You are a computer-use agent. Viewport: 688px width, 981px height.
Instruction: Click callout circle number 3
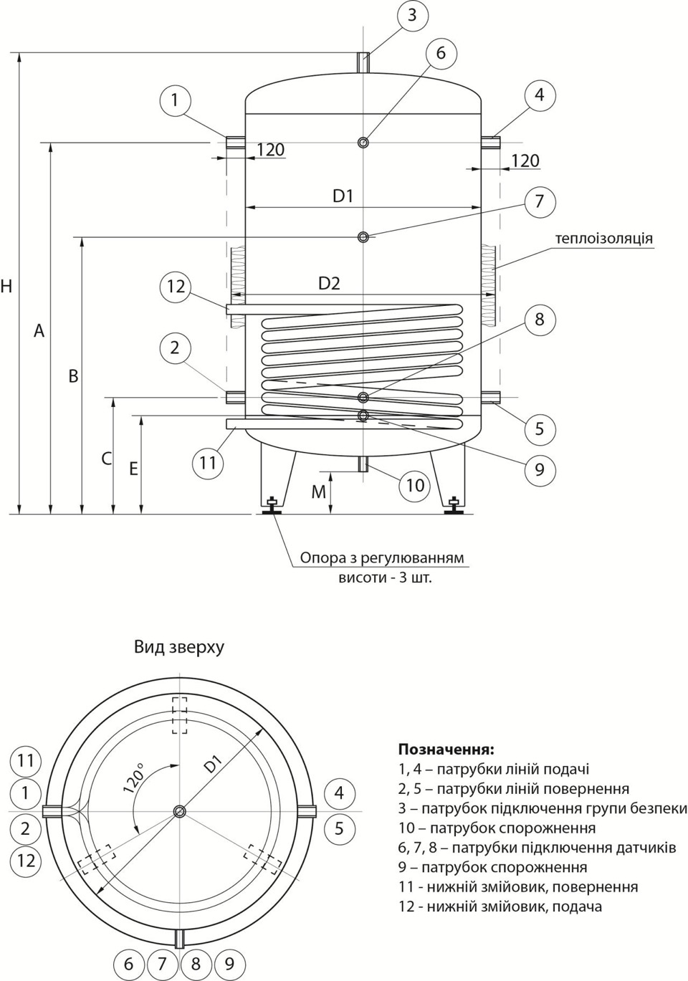pyautogui.click(x=412, y=14)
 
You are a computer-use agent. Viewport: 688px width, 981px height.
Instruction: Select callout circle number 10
pyautogui.click(x=416, y=485)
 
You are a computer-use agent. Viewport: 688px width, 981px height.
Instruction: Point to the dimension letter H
pyautogui.click(x=6, y=287)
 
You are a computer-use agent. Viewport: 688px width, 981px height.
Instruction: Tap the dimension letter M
pyautogui.click(x=318, y=492)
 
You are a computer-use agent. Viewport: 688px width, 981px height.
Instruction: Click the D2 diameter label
pyautogui.click(x=329, y=284)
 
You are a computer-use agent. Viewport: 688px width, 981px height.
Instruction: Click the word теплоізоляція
pyautogui.click(x=604, y=238)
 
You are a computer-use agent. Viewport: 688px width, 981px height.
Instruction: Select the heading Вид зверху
pyautogui.click(x=179, y=647)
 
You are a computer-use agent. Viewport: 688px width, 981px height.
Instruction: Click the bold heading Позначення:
pyautogui.click(x=446, y=750)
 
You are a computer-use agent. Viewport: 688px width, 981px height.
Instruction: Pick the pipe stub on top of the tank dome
pyautogui.click(x=363, y=62)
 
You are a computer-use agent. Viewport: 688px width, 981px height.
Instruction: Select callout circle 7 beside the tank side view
pyautogui.click(x=540, y=201)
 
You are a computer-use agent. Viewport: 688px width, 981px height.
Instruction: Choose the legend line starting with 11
pyautogui.click(x=517, y=887)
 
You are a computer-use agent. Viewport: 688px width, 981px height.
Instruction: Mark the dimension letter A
pyautogui.click(x=39, y=331)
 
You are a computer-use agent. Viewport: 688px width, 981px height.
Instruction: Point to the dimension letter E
pyautogui.click(x=133, y=469)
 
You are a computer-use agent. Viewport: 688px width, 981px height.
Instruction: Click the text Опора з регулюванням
pyautogui.click(x=382, y=558)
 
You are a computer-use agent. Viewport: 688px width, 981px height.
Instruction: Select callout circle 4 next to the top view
pyautogui.click(x=339, y=793)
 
